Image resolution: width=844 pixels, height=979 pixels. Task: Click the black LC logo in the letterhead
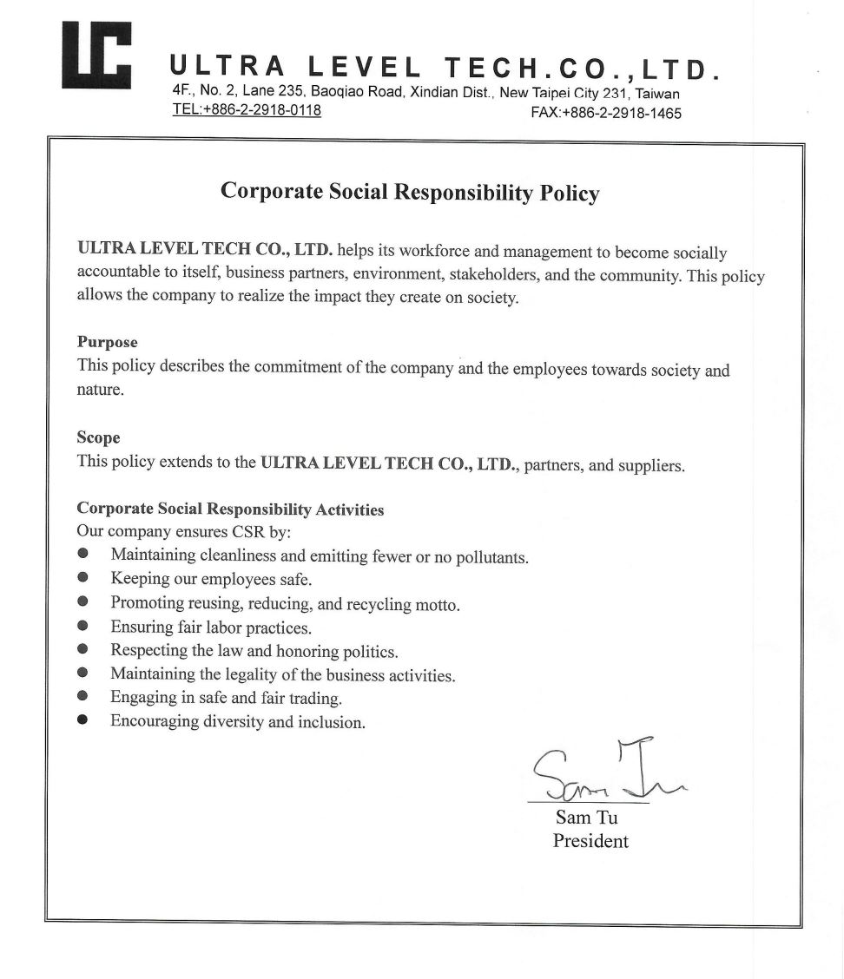click(96, 54)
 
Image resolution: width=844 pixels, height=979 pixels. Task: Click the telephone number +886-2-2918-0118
click(247, 110)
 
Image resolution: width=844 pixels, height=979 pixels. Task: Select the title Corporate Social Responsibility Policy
click(410, 191)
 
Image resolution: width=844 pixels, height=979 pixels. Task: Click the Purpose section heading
click(108, 342)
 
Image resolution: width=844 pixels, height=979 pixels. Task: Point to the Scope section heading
click(98, 437)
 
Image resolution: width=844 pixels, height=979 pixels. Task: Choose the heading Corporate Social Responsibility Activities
click(230, 509)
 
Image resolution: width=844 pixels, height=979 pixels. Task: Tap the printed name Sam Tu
click(586, 818)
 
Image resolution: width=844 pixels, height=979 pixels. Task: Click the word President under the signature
click(590, 841)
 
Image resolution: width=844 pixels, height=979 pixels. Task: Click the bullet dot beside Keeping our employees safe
click(83, 576)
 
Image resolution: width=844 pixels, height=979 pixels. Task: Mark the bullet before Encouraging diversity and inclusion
click(83, 719)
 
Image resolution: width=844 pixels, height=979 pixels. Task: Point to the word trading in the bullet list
click(315, 698)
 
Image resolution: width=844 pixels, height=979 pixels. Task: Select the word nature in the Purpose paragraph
click(98, 390)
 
